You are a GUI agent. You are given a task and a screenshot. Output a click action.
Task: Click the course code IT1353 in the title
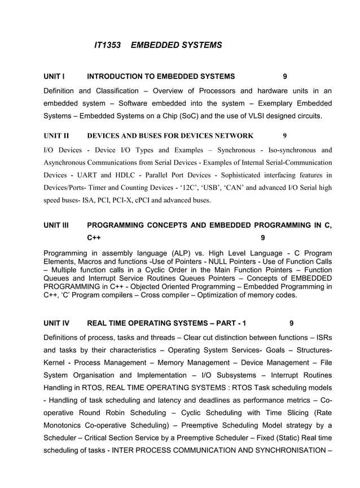(x=107, y=45)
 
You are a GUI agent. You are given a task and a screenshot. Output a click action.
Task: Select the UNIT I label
(x=55, y=76)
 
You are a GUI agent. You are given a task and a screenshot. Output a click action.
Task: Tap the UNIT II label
(x=56, y=136)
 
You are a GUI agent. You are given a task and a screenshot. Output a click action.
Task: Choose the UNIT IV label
(x=56, y=324)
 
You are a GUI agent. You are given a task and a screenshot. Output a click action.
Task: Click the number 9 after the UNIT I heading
(x=284, y=76)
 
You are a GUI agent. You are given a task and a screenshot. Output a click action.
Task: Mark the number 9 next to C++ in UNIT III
(x=263, y=238)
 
